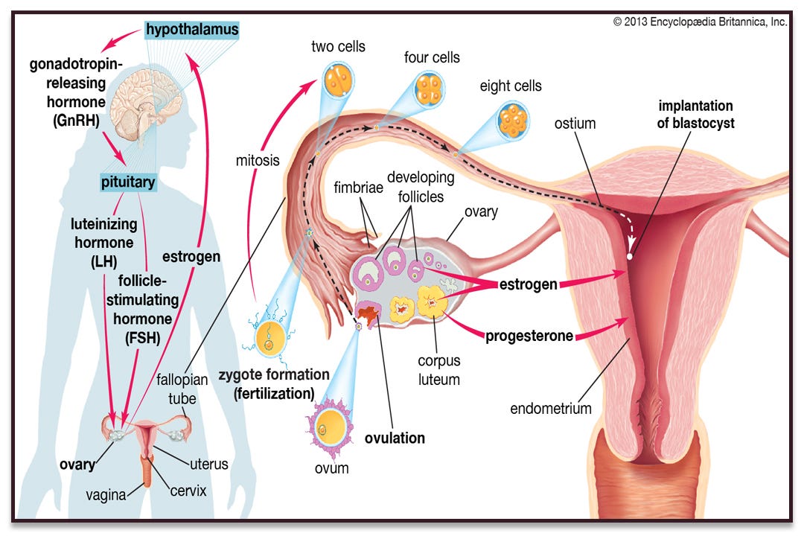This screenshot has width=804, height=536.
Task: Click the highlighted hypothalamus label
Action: [x=192, y=31]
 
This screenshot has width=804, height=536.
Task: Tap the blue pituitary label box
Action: [x=129, y=182]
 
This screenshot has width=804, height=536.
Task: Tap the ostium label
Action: [x=575, y=124]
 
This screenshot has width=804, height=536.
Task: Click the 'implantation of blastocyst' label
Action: [x=695, y=115]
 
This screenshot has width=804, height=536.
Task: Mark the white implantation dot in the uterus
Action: [x=631, y=256]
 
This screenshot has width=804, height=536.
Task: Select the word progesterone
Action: [x=529, y=336]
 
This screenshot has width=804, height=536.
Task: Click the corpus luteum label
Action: [x=438, y=370]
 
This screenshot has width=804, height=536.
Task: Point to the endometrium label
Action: [x=551, y=408]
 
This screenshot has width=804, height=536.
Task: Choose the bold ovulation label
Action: [x=395, y=438]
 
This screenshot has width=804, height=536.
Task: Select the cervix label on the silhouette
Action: [x=188, y=491]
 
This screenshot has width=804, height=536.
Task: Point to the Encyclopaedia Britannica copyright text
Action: [x=700, y=22]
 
